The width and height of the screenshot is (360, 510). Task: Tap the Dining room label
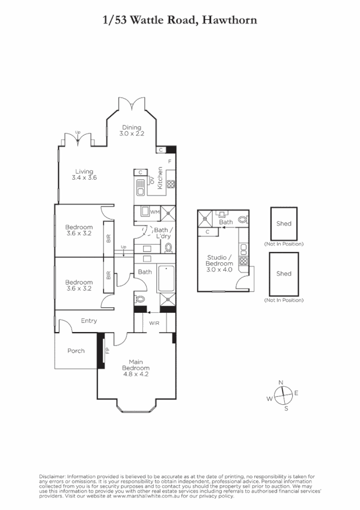(132, 131)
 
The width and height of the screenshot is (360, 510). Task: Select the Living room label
(84, 175)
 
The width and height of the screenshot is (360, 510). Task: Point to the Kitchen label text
(160, 178)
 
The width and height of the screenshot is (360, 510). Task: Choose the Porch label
(76, 351)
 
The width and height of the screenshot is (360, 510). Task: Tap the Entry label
(88, 321)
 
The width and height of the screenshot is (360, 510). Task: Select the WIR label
(154, 323)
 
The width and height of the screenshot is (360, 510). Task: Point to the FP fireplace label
(107, 349)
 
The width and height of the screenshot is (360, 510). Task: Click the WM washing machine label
(154, 212)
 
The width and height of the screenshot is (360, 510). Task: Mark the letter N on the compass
(280, 382)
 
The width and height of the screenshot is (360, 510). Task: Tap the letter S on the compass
(286, 408)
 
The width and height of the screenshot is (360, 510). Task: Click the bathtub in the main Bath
(166, 278)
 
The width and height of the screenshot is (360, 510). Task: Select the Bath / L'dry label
(163, 233)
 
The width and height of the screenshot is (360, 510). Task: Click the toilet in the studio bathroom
(242, 220)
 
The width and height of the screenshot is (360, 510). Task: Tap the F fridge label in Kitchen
(170, 162)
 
